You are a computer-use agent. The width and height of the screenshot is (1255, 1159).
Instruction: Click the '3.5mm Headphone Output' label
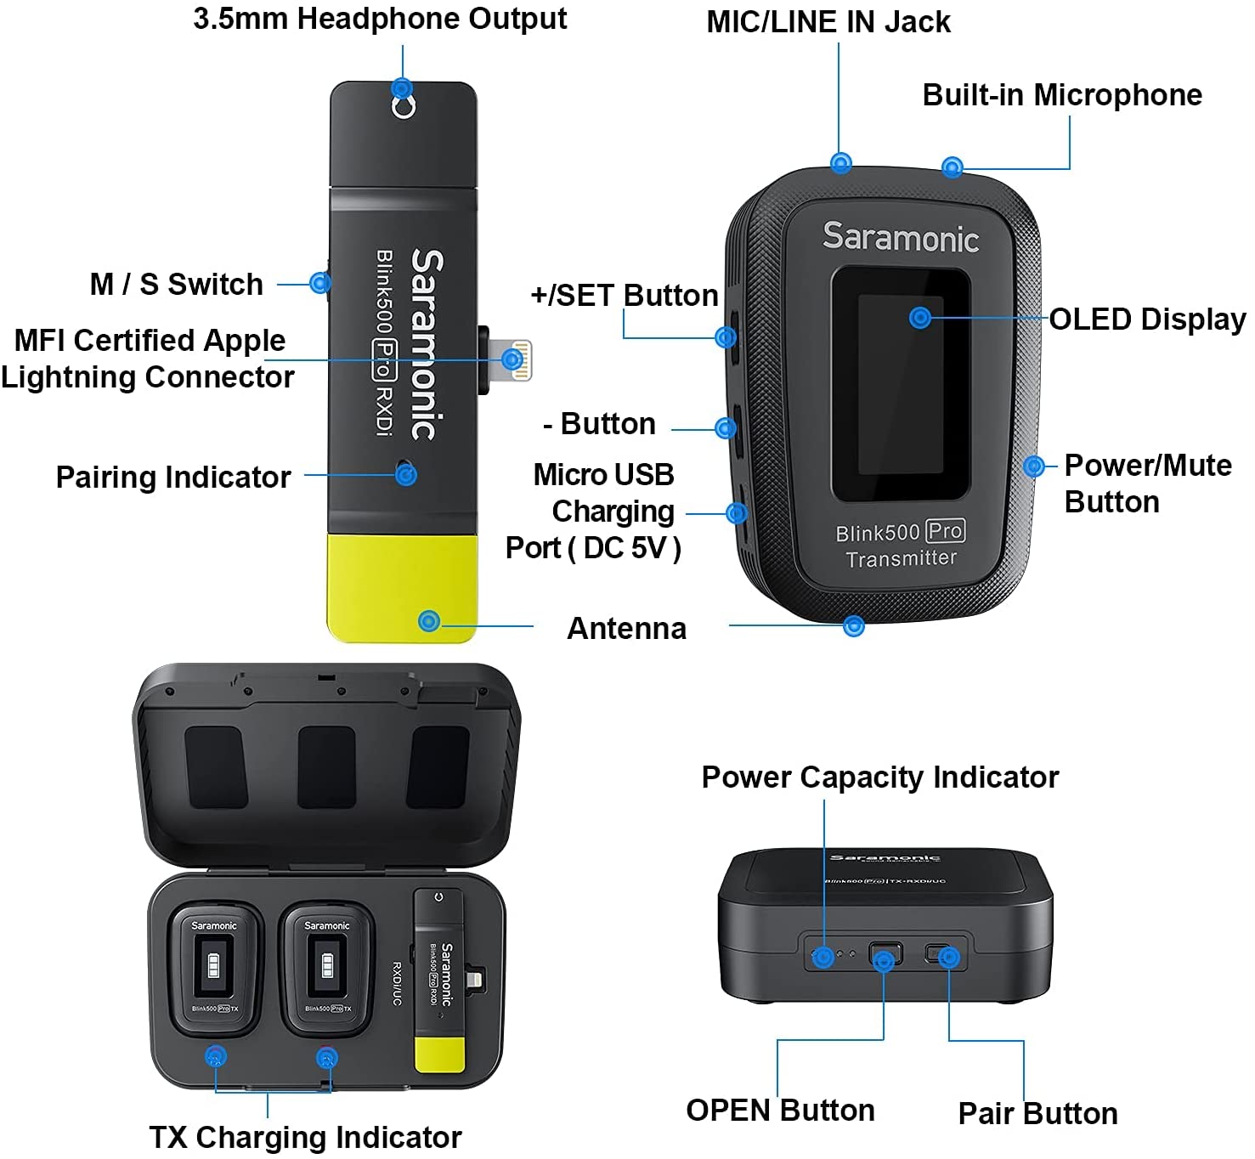tap(380, 19)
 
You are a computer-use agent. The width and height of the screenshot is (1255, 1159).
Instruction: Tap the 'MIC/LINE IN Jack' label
tap(828, 22)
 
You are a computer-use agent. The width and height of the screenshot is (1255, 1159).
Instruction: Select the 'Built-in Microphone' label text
tap(1061, 94)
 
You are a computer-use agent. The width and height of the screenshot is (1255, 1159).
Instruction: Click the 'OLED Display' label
tap(1146, 319)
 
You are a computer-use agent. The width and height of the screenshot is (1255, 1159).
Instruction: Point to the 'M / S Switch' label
tap(177, 284)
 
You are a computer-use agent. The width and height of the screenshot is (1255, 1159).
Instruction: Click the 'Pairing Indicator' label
tap(173, 477)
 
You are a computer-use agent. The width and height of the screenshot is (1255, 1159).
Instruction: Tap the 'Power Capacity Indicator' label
tap(879, 777)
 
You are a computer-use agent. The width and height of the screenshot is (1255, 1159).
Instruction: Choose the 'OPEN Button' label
tap(780, 1110)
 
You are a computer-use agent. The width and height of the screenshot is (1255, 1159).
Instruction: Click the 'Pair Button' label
tap(1037, 1113)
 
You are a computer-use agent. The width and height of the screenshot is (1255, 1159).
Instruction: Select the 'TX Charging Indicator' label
tap(305, 1137)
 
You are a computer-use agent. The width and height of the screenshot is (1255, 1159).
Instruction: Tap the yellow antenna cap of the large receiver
tap(402, 588)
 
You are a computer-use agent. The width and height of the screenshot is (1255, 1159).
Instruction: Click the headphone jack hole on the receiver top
tap(403, 107)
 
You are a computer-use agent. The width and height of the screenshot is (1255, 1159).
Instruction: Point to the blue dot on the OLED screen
tap(919, 318)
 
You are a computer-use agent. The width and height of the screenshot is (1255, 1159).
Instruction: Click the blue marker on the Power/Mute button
tap(1033, 466)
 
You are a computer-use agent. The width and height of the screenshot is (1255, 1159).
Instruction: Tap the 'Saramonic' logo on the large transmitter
tap(900, 237)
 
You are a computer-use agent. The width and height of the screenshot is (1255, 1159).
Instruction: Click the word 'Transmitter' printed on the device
tap(901, 558)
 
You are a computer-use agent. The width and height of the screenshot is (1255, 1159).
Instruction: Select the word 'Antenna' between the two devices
tap(626, 628)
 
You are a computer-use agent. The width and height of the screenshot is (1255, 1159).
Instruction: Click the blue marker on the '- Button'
tap(726, 427)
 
